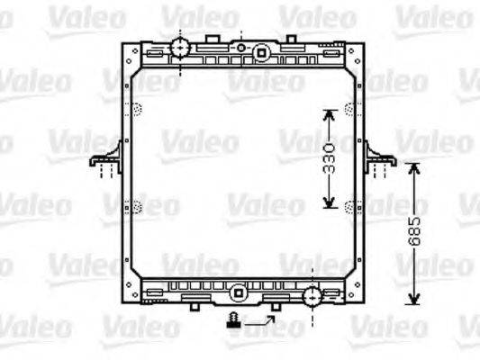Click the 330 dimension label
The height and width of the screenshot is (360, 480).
(331, 157)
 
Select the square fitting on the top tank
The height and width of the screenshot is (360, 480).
(261, 52)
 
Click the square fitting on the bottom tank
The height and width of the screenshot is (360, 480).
(237, 292)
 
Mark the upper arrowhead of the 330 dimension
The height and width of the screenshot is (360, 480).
(331, 114)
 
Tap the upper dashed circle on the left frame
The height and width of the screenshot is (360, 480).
(137, 111)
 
